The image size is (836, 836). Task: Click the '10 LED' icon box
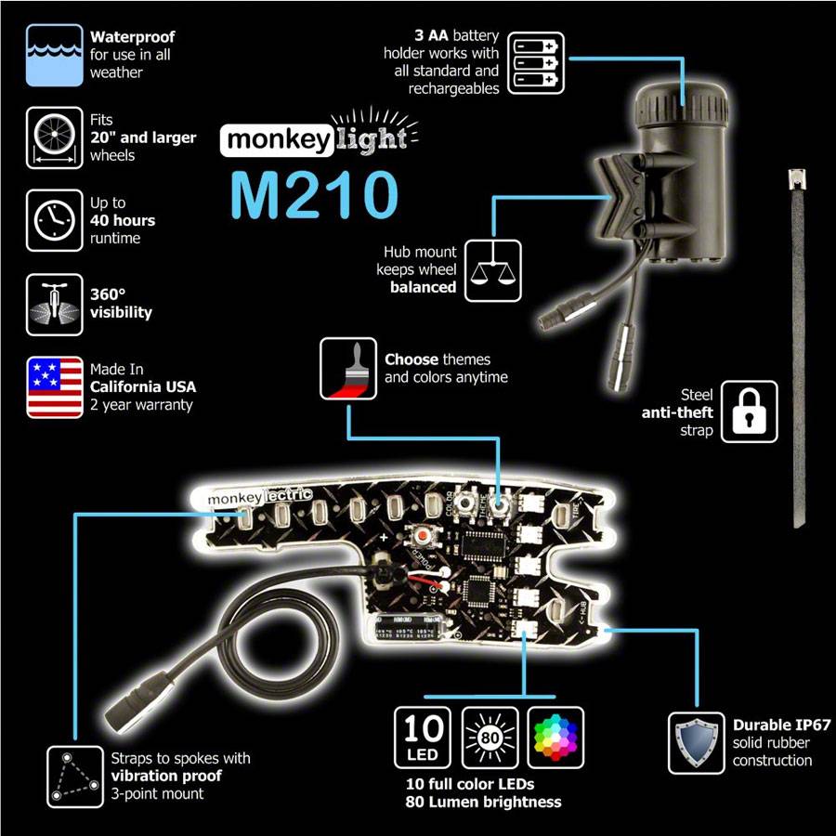point(423,738)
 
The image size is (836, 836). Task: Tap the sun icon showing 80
point(490,738)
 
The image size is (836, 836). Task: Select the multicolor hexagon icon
point(556,738)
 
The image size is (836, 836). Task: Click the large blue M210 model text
point(313,192)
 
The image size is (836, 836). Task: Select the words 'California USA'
point(143,386)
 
